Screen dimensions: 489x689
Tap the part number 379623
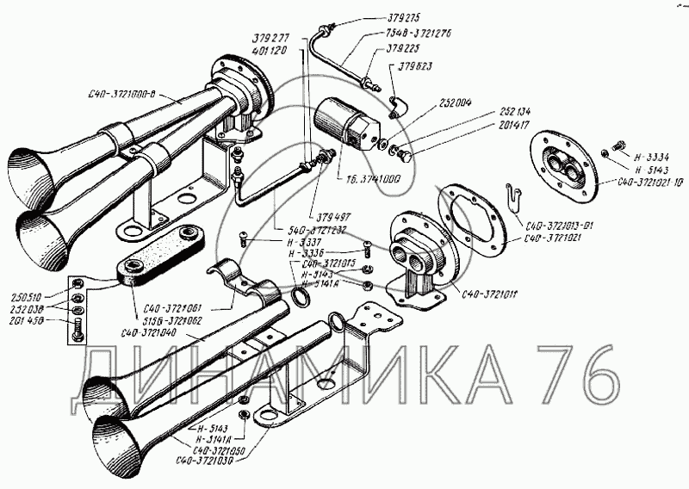click(416, 65)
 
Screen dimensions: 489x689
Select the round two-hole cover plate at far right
click(568, 170)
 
